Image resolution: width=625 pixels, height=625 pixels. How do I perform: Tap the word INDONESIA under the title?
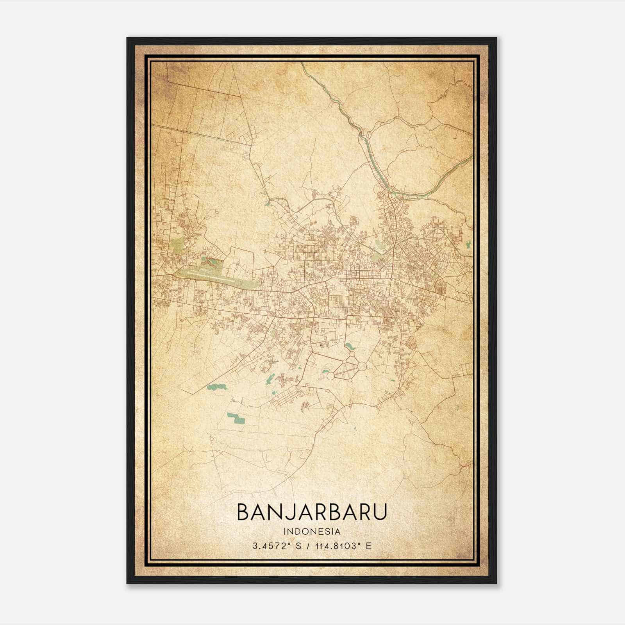tap(312, 531)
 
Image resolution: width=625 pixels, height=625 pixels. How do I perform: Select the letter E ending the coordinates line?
tap(369, 546)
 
